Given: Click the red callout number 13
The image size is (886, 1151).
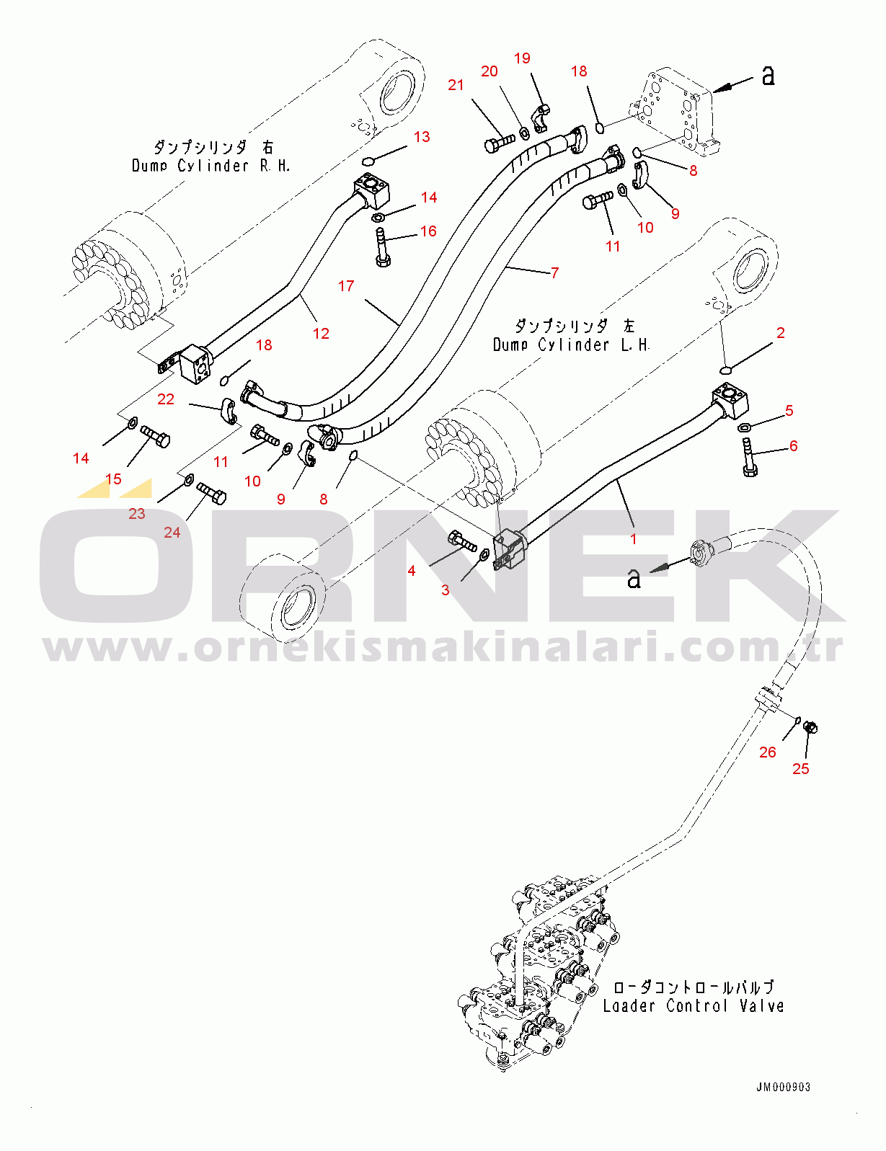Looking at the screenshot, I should click(x=422, y=137).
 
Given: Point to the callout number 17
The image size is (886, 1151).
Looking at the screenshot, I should click(x=346, y=286).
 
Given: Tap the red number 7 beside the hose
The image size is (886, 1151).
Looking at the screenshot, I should click(x=554, y=272).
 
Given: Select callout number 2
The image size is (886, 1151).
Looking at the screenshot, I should click(x=781, y=333).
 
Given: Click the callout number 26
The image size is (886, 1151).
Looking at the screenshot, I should click(x=768, y=752).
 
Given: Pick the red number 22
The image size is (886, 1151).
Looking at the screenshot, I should click(x=166, y=399).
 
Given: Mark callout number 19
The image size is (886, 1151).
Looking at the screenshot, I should click(x=522, y=58).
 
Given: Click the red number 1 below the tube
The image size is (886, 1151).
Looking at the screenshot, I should click(x=634, y=539).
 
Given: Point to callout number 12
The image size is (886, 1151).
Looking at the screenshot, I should click(x=321, y=333).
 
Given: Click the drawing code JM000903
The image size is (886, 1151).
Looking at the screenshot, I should click(x=783, y=1087).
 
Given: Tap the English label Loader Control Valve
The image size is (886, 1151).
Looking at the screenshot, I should click(x=693, y=1005).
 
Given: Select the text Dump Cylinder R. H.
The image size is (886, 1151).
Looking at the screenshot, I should click(x=211, y=166).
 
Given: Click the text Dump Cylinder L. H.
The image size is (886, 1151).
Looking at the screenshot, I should click(x=571, y=345).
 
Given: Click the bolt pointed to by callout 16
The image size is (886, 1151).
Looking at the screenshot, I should click(x=382, y=249).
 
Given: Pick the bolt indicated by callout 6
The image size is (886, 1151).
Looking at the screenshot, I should click(x=748, y=458).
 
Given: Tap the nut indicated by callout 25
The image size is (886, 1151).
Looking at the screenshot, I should click(x=810, y=727).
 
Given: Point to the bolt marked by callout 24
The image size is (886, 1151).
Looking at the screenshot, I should click(x=212, y=494).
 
